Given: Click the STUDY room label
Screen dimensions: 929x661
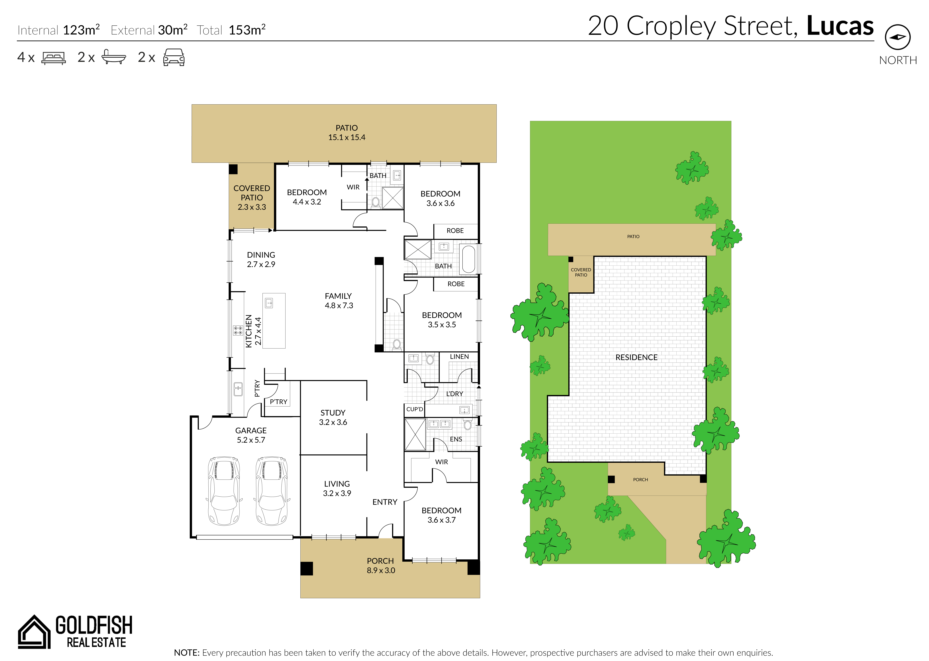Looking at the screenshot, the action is (333, 413).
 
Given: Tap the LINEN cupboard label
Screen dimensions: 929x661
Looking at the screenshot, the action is (459, 356).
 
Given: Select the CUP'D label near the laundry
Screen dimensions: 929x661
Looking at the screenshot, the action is (415, 409).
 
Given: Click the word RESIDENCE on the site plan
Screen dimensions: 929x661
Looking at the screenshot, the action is (636, 357).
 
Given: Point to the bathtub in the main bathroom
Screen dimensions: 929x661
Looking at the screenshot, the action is (469, 259).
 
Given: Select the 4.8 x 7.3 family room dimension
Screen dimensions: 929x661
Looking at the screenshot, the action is (339, 306).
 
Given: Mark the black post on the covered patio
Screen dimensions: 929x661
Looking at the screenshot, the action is (233, 169).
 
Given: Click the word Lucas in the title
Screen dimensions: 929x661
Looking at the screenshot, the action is (840, 26).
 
